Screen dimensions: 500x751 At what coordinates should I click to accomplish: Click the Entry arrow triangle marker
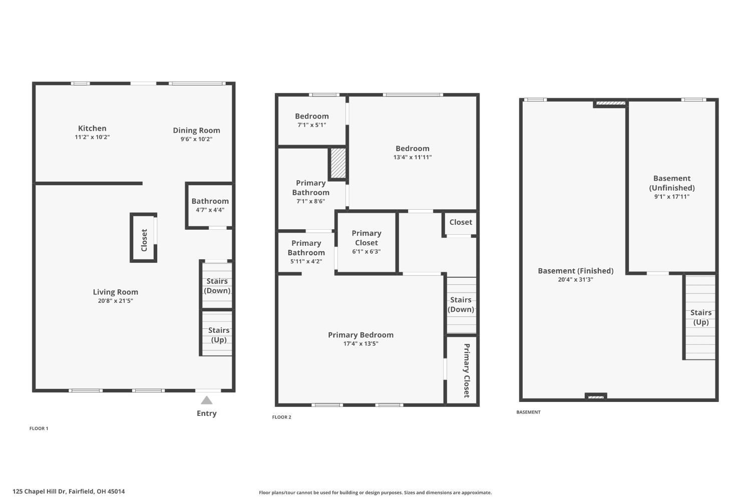pyautogui.click(x=207, y=400)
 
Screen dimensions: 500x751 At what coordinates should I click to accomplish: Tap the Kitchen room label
pyautogui.click(x=92, y=128)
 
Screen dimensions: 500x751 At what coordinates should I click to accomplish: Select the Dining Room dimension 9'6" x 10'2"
pyautogui.click(x=196, y=139)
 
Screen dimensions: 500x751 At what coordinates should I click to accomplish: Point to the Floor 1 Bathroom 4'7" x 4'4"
pyautogui.click(x=210, y=205)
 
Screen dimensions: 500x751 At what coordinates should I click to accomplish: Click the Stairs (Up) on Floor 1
pyautogui.click(x=218, y=334)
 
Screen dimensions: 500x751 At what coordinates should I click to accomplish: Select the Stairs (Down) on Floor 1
pyautogui.click(x=217, y=285)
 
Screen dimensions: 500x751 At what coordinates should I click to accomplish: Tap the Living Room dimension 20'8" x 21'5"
pyautogui.click(x=115, y=301)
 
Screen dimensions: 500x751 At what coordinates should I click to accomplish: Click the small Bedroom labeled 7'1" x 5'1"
pyautogui.click(x=311, y=120)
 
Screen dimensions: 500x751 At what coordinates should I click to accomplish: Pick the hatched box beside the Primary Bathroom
pyautogui.click(x=338, y=163)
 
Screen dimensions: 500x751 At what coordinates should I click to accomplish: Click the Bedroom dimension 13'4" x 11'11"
pyautogui.click(x=412, y=157)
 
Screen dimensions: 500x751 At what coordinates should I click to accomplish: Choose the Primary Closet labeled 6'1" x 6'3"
pyautogui.click(x=366, y=242)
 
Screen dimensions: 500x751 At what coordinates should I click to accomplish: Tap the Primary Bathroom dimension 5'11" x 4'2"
pyautogui.click(x=306, y=261)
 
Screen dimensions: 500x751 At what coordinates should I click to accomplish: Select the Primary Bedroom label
pyautogui.click(x=360, y=335)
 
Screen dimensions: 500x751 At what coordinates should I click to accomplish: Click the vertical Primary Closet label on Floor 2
pyautogui.click(x=466, y=370)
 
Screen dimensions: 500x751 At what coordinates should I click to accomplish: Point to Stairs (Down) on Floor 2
pyautogui.click(x=461, y=304)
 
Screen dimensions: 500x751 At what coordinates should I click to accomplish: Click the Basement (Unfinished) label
pyautogui.click(x=671, y=183)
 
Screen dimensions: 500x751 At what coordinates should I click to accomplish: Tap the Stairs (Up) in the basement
pyautogui.click(x=700, y=317)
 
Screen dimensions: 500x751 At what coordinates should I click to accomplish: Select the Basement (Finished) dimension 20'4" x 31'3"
pyautogui.click(x=575, y=280)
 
